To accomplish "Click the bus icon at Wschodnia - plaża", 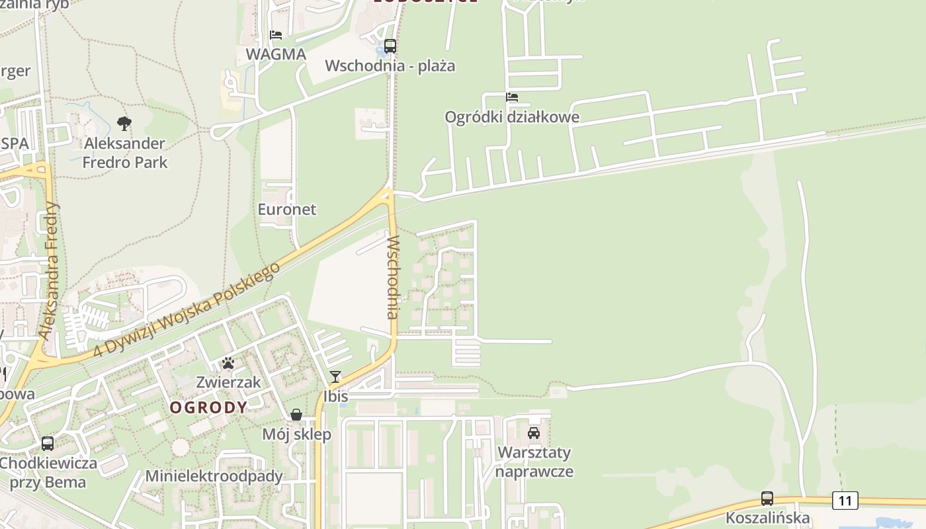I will coord(390,46).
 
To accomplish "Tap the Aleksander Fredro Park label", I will coord(125,153).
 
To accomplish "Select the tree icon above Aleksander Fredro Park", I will coord(124,123).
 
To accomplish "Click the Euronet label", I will coord(286,210).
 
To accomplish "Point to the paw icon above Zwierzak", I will coord(228,363).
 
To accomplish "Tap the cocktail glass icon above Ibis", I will coord(335,377).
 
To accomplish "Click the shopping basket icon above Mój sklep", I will coord(296,415).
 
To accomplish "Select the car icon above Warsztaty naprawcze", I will coord(534,433).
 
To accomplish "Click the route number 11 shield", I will coord(845,501).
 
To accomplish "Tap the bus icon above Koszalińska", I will coord(767,498).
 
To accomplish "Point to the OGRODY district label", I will coord(208,407).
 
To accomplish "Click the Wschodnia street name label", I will coord(393,277).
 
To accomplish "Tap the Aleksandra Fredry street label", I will coord(50,271).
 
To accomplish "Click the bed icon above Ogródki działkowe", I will coord(511,97).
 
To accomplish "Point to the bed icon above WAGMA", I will coord(276,34).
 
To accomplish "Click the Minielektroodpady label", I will coord(214,476).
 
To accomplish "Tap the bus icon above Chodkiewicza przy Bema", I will coord(48,443).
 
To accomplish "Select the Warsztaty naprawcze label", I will coord(534,462).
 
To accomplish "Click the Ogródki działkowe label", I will coord(512,118).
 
